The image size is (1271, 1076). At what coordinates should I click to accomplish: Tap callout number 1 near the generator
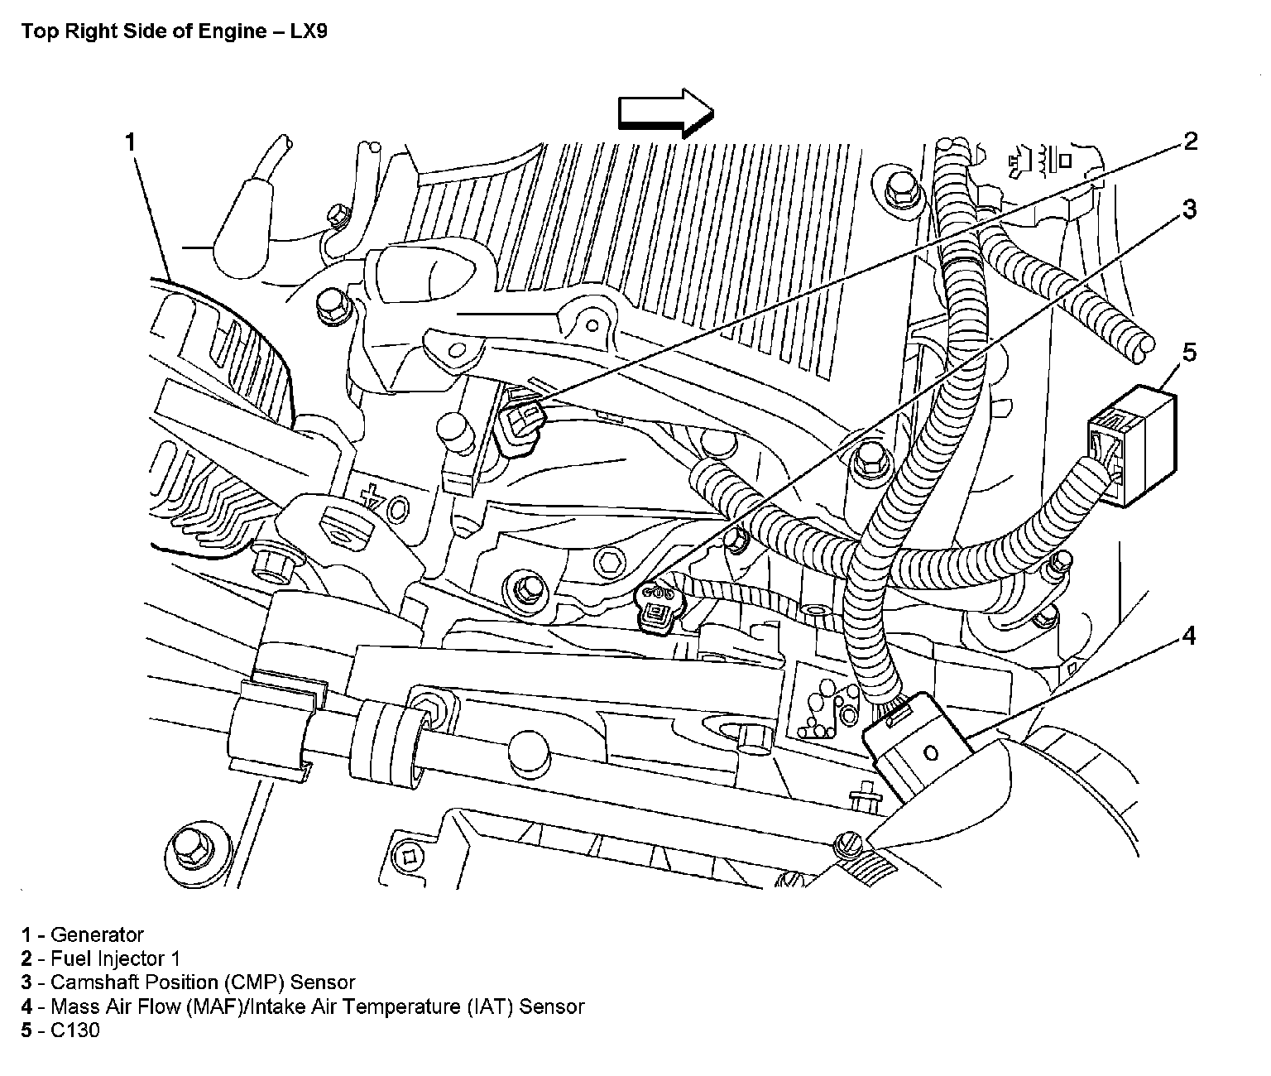pyautogui.click(x=129, y=142)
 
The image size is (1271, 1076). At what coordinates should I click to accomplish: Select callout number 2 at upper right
pyautogui.click(x=1190, y=142)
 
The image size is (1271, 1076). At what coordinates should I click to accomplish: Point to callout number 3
pyautogui.click(x=1189, y=210)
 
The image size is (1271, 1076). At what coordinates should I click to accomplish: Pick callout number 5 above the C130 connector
pyautogui.click(x=1189, y=353)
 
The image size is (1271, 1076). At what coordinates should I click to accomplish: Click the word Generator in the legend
pyautogui.click(x=97, y=935)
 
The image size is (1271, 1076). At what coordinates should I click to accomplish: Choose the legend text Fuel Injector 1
pyautogui.click(x=115, y=959)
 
